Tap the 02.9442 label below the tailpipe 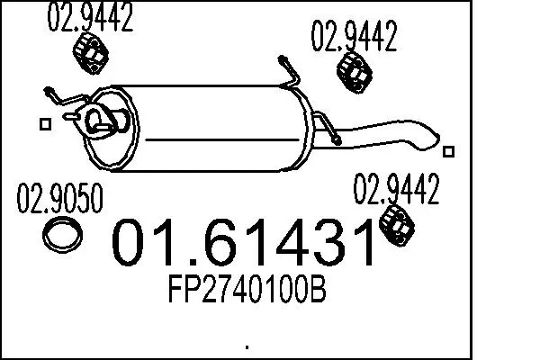(395, 190)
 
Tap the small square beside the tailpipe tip (450, 151)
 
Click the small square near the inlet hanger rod (42, 125)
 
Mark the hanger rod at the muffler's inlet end (59, 97)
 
